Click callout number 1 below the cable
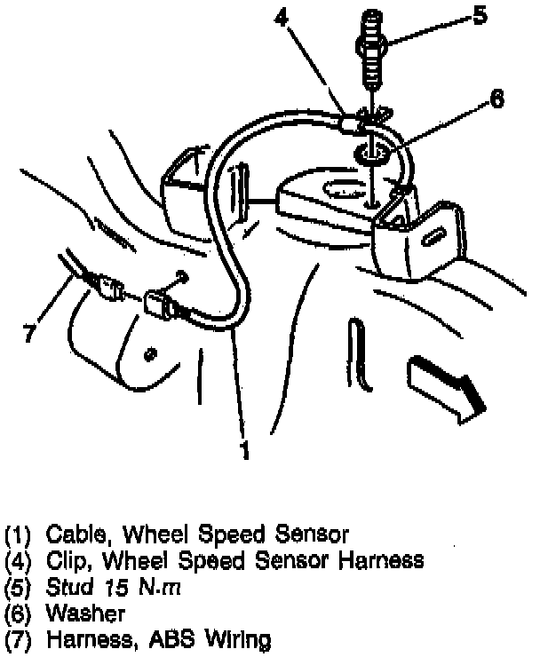pos(244,451)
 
